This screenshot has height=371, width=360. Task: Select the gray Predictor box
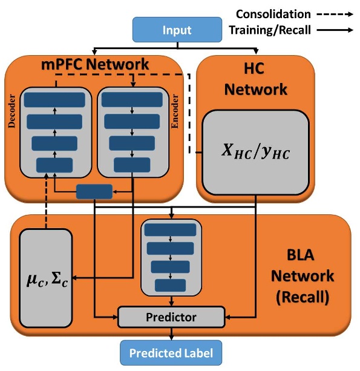tap(171, 316)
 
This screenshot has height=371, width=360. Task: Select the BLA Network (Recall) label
tap(302, 276)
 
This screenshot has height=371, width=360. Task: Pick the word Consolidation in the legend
tap(273, 14)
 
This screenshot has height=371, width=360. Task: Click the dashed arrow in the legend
tap(336, 14)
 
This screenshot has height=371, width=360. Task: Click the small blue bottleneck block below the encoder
tap(94, 191)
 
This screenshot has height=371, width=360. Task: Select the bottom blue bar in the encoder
tap(132, 165)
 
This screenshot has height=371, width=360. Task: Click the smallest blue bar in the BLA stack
tap(171, 285)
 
